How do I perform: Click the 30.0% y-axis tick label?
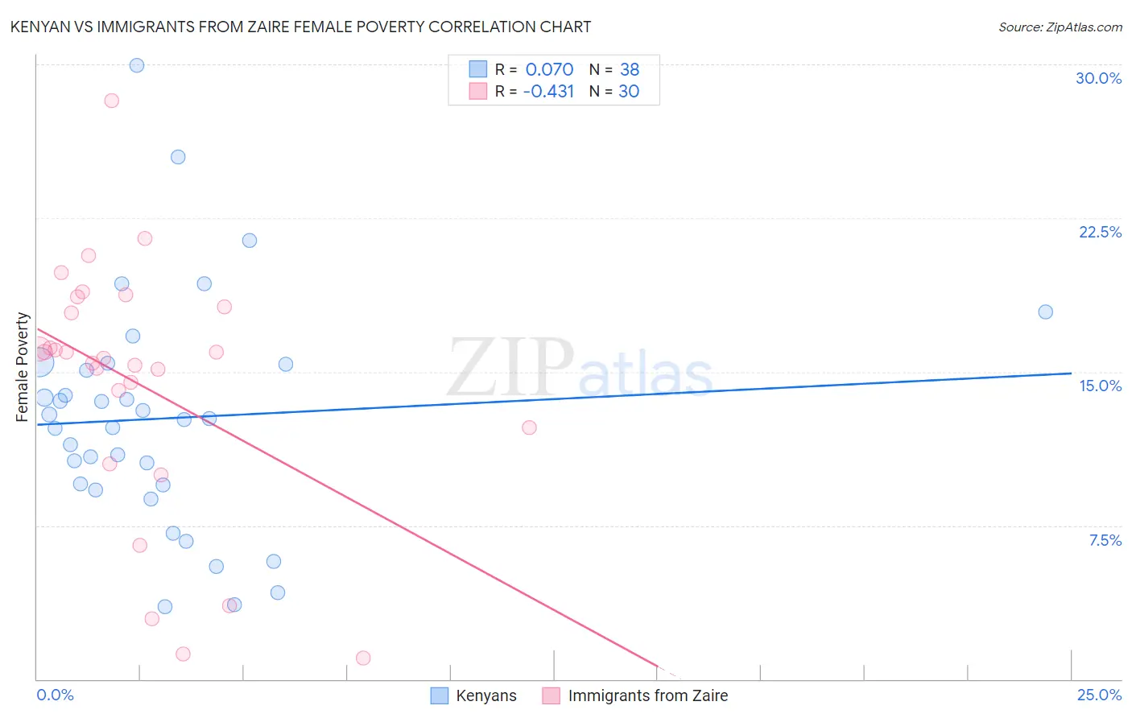point(1098,78)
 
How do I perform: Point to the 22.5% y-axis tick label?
point(1100,232)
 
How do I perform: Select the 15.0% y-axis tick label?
point(1100,386)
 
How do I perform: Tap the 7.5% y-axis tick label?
point(1105,540)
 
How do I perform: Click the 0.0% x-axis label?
point(55,695)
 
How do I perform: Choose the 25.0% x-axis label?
point(1099,695)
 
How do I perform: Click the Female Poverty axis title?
point(23,367)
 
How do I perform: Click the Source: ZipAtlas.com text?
point(1060,27)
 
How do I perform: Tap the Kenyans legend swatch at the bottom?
point(439,695)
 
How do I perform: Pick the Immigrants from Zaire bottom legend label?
point(647,695)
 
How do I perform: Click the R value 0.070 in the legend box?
point(549,69)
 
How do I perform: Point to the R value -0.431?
point(548,91)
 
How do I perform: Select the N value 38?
point(629,69)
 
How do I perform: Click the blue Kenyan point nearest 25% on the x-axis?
point(1045,312)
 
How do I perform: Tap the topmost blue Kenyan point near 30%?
point(137,65)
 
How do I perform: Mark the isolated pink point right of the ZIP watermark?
point(529,427)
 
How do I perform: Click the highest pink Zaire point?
point(112,101)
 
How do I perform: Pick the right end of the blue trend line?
point(1071,373)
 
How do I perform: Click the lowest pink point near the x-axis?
point(363,658)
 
